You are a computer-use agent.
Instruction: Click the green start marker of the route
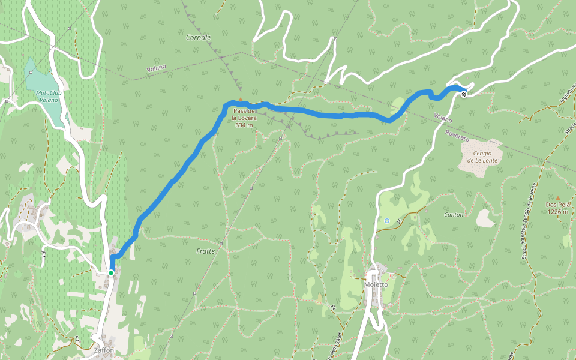pos(111,273)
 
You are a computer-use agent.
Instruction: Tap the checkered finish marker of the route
pos(464,93)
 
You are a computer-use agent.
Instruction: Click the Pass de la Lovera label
pos(245,118)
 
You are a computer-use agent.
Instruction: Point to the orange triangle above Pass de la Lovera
pos(241,100)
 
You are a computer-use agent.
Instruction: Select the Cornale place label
pos(198,37)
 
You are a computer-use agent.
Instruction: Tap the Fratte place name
pos(205,251)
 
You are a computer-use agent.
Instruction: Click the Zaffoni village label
pos(104,350)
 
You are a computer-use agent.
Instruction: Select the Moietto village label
pos(376,284)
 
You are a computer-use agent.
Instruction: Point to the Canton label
pos(453,214)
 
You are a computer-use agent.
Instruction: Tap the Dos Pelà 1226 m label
pos(557,208)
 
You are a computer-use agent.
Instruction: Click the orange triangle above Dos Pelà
pos(557,197)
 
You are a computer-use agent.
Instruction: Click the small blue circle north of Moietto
pos(387,221)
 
